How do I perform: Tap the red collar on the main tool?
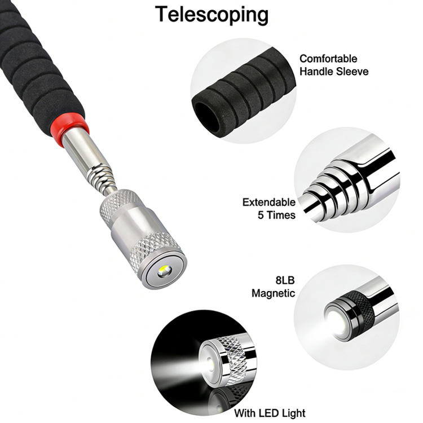coord(69,128)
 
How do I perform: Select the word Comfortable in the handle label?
coord(328,59)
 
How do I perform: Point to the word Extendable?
coord(269,202)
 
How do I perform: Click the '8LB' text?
coord(284,280)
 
